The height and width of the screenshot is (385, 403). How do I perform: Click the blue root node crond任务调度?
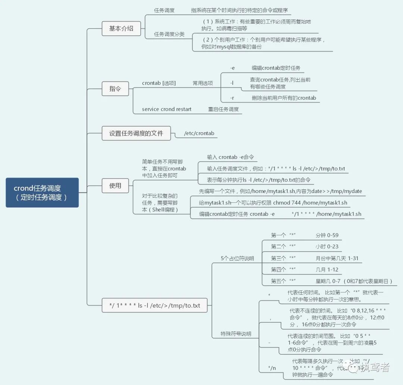tap(42, 192)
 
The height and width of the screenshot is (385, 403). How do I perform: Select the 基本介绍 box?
tap(121, 28)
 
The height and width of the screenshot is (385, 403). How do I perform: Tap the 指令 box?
tap(115, 89)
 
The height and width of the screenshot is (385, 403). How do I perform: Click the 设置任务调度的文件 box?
tap(136, 133)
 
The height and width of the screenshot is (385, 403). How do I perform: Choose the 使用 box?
tap(115, 186)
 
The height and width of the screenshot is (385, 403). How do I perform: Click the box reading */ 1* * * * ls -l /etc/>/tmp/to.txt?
tap(154, 305)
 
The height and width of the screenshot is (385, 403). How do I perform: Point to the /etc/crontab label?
tap(199, 133)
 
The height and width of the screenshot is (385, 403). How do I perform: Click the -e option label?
tap(232, 68)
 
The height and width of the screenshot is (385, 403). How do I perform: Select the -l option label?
tap(232, 83)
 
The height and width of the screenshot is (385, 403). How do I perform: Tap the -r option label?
tap(232, 98)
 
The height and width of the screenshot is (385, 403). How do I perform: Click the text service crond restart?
tap(166, 109)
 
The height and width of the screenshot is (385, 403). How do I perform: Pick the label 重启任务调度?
tap(223, 109)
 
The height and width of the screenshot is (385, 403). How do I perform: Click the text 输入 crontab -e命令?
tap(230, 157)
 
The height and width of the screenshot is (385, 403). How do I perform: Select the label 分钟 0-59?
tap(327, 235)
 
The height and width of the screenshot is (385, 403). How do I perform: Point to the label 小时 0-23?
tap(327, 246)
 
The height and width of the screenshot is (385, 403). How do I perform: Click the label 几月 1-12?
tap(327, 270)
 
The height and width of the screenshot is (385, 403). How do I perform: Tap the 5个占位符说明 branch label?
tap(237, 258)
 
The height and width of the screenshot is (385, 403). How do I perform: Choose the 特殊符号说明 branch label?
tap(236, 334)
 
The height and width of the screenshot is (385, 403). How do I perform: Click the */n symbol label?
tap(272, 368)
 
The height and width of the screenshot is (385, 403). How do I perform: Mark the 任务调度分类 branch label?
tap(169, 34)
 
